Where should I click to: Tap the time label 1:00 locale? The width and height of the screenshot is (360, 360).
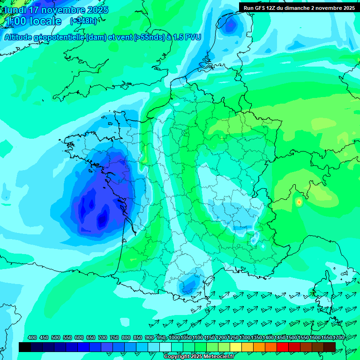click(33, 21)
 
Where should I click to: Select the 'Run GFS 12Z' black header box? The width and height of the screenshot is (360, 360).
click(299, 7)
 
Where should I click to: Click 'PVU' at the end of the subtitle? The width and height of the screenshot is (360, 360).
click(193, 37)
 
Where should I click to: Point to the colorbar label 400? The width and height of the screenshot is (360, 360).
click(32, 337)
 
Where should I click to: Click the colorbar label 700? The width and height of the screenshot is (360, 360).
click(103, 337)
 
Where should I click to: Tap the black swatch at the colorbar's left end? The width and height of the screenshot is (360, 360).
click(25, 347)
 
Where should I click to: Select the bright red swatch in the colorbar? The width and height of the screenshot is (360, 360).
click(283, 347)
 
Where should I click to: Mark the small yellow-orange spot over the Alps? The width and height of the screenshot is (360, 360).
click(299, 202)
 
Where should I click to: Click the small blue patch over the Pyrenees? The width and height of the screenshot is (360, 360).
click(189, 283)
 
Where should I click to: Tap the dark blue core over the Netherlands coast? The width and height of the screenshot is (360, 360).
click(230, 26)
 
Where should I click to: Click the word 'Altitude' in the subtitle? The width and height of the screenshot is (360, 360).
click(22, 37)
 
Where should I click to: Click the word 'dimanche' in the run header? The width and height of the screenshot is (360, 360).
click(304, 8)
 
